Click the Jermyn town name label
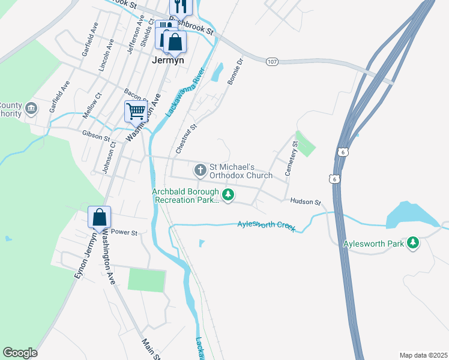pyautogui.click(x=167, y=60)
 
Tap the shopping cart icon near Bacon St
pyautogui.click(x=136, y=111)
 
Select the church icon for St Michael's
pyautogui.click(x=200, y=170)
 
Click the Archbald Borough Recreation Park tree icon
pyautogui.click(x=228, y=194)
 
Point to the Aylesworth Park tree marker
pyautogui.click(x=412, y=243)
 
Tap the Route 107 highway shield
pyautogui.click(x=272, y=61)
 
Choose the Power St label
pyautogui.click(x=125, y=232)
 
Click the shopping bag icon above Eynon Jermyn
pyautogui.click(x=99, y=218)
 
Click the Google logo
pyautogui.click(x=20, y=353)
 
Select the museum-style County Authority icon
pyautogui.click(x=31, y=109)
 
